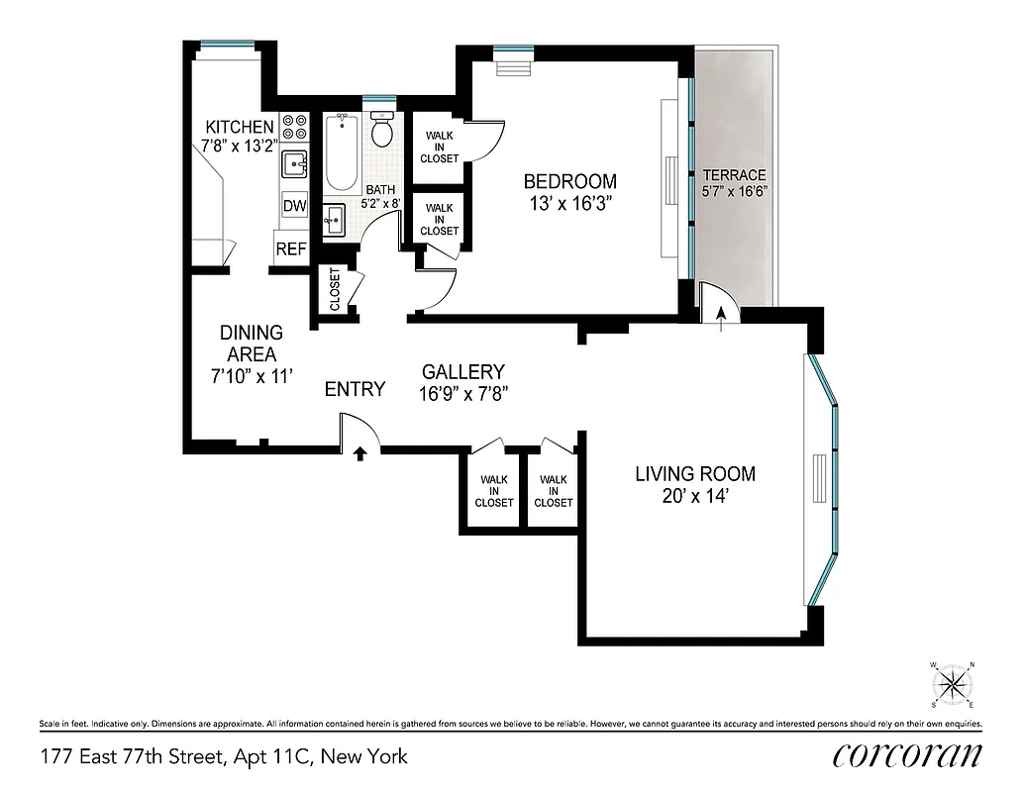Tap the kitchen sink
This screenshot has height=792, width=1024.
294,163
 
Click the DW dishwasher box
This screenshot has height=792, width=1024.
294,206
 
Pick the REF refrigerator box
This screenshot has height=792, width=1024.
290,248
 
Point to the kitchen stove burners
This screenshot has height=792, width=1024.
294,127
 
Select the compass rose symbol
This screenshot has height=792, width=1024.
952,683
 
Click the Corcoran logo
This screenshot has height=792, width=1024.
907,755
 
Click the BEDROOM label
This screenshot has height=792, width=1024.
569,181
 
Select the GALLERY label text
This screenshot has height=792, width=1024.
462,371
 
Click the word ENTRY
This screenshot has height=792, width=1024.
355,389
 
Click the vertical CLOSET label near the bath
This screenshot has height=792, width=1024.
335,289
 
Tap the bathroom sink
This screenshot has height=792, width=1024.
334,219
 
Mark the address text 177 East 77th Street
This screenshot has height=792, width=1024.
135,757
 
